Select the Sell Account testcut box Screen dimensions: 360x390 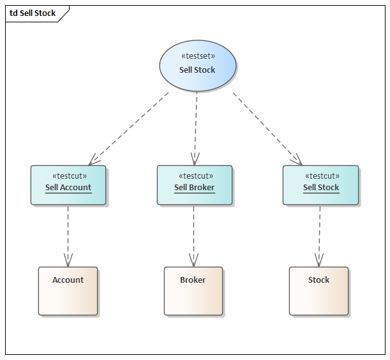(x=68, y=185)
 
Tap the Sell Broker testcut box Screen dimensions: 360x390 (x=195, y=185)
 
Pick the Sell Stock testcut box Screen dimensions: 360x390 (x=320, y=185)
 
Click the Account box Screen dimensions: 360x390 (x=68, y=291)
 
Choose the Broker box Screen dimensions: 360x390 (x=193, y=291)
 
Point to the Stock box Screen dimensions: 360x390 (x=319, y=291)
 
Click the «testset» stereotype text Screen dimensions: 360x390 (x=198, y=56)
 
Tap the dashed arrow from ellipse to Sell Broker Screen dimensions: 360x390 (x=195, y=128)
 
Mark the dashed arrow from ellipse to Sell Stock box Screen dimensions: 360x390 (x=266, y=127)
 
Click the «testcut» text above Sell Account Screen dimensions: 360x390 (x=69, y=176)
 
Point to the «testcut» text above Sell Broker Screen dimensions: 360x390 (x=195, y=176)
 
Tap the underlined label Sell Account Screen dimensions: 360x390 (x=68, y=188)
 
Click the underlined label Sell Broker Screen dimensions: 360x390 (x=195, y=188)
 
